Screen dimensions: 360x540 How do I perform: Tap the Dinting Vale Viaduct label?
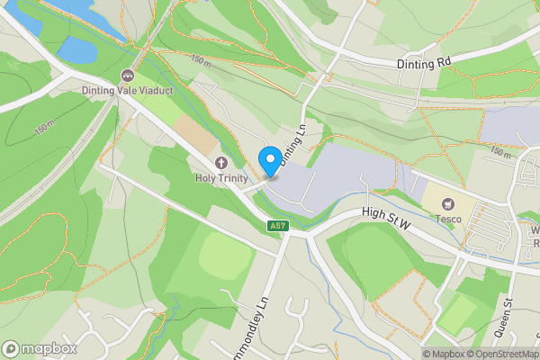127,90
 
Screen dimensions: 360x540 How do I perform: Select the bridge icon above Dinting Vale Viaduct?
127,76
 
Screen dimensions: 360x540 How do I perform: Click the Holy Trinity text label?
221,178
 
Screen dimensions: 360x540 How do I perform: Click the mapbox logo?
40,348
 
